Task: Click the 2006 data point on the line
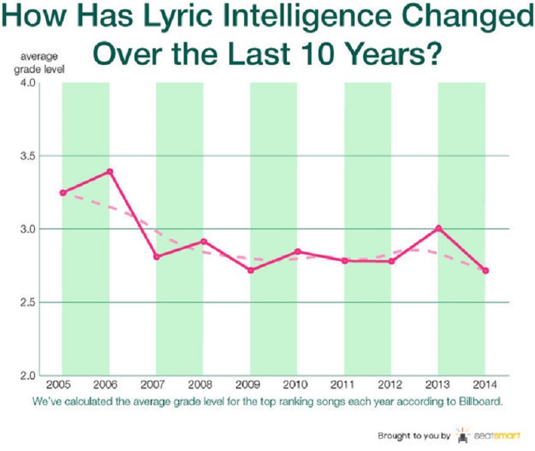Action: point(110,171)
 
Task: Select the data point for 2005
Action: point(63,193)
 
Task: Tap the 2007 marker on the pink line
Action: point(156,256)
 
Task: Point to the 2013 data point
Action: point(439,228)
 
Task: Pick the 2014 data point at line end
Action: point(486,270)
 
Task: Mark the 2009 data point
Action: point(251,270)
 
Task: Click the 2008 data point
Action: point(204,241)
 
